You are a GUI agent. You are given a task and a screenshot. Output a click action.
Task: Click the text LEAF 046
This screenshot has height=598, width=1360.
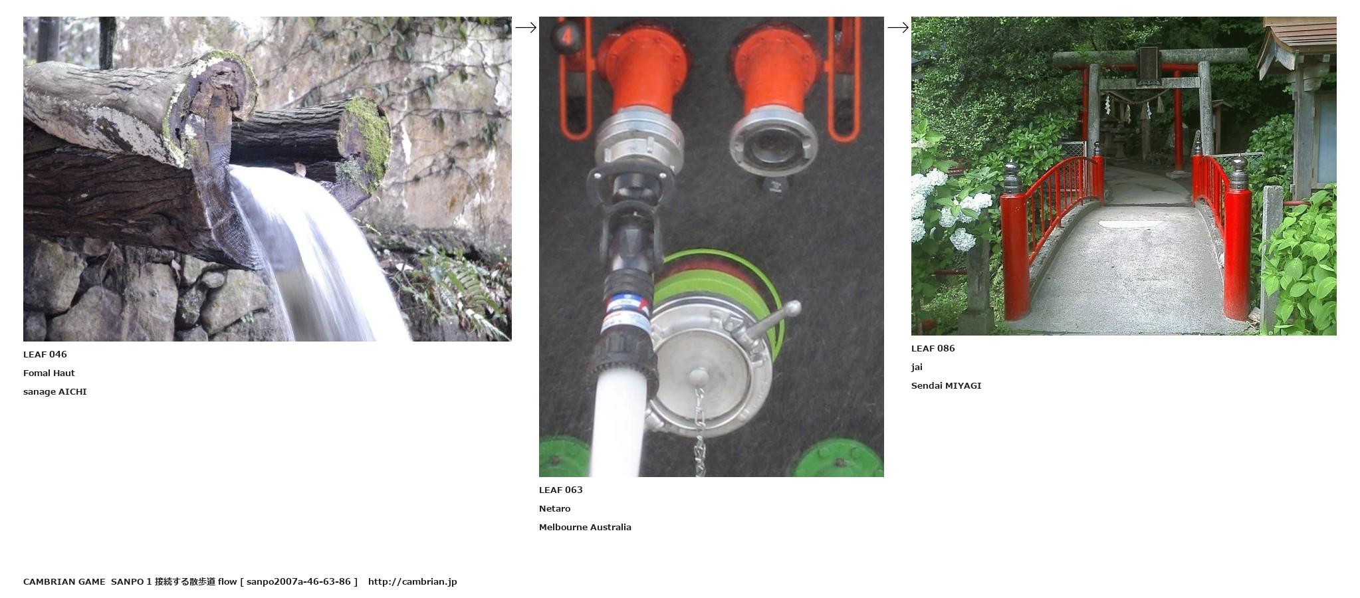click(x=45, y=354)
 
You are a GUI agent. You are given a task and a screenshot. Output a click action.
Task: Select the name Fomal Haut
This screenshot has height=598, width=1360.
click(x=49, y=373)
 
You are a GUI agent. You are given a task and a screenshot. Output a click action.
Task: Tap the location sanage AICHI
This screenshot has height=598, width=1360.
click(x=55, y=391)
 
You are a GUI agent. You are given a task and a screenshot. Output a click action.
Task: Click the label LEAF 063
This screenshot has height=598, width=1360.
click(x=560, y=490)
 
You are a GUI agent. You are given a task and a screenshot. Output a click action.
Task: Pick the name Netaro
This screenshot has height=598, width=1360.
click(x=554, y=508)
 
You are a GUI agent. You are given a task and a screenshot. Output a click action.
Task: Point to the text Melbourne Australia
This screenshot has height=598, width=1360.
click(x=585, y=527)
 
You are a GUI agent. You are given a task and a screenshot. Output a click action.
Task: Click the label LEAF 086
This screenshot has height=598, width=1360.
click(x=933, y=348)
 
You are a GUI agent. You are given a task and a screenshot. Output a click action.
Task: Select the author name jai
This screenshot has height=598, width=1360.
click(x=917, y=367)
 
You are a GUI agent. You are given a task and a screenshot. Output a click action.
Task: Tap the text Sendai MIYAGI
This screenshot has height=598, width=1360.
click(x=946, y=385)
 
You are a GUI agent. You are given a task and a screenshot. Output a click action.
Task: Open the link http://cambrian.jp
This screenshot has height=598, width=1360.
click(x=412, y=581)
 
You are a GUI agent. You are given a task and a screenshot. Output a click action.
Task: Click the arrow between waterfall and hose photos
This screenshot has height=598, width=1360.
click(x=526, y=27)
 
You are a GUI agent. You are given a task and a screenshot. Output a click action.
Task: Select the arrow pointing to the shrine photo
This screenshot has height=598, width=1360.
click(x=898, y=27)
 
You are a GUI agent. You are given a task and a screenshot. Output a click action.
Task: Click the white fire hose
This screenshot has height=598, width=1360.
click(x=616, y=425)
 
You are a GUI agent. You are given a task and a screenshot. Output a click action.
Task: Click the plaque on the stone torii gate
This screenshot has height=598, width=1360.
click(x=1148, y=64)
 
